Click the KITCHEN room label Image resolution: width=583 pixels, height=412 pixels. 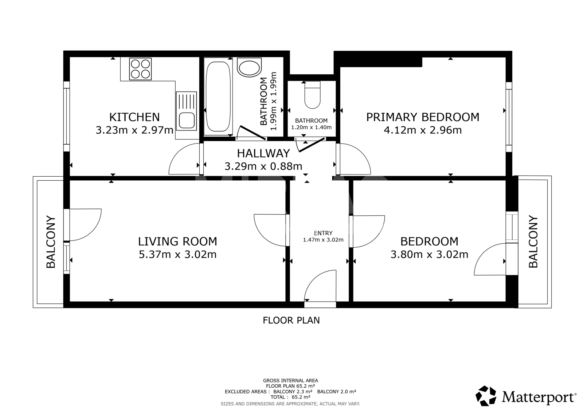(134, 117)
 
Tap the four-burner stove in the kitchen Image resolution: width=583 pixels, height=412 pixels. (140, 69)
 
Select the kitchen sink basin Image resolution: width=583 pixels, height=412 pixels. (187, 121)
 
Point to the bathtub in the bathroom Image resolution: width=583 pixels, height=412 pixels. (218, 97)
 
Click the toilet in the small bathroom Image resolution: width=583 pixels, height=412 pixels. (312, 95)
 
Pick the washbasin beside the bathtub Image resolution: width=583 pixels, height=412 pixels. (249, 67)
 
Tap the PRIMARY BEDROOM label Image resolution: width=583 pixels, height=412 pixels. (423, 117)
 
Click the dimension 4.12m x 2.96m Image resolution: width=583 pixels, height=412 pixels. (423, 130)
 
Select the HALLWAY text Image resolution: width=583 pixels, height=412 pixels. (263, 153)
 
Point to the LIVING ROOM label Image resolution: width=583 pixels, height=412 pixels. (177, 242)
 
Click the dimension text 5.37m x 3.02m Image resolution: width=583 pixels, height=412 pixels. (177, 254)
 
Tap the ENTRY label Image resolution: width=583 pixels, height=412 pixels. (323, 233)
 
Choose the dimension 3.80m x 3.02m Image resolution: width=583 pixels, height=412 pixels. (430, 254)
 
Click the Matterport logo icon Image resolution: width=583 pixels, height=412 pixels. (486, 396)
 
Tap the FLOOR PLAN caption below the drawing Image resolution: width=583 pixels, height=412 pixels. (291, 321)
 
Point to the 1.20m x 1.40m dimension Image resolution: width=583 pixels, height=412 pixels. (311, 127)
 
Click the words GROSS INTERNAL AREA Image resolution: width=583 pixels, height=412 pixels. (290, 381)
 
